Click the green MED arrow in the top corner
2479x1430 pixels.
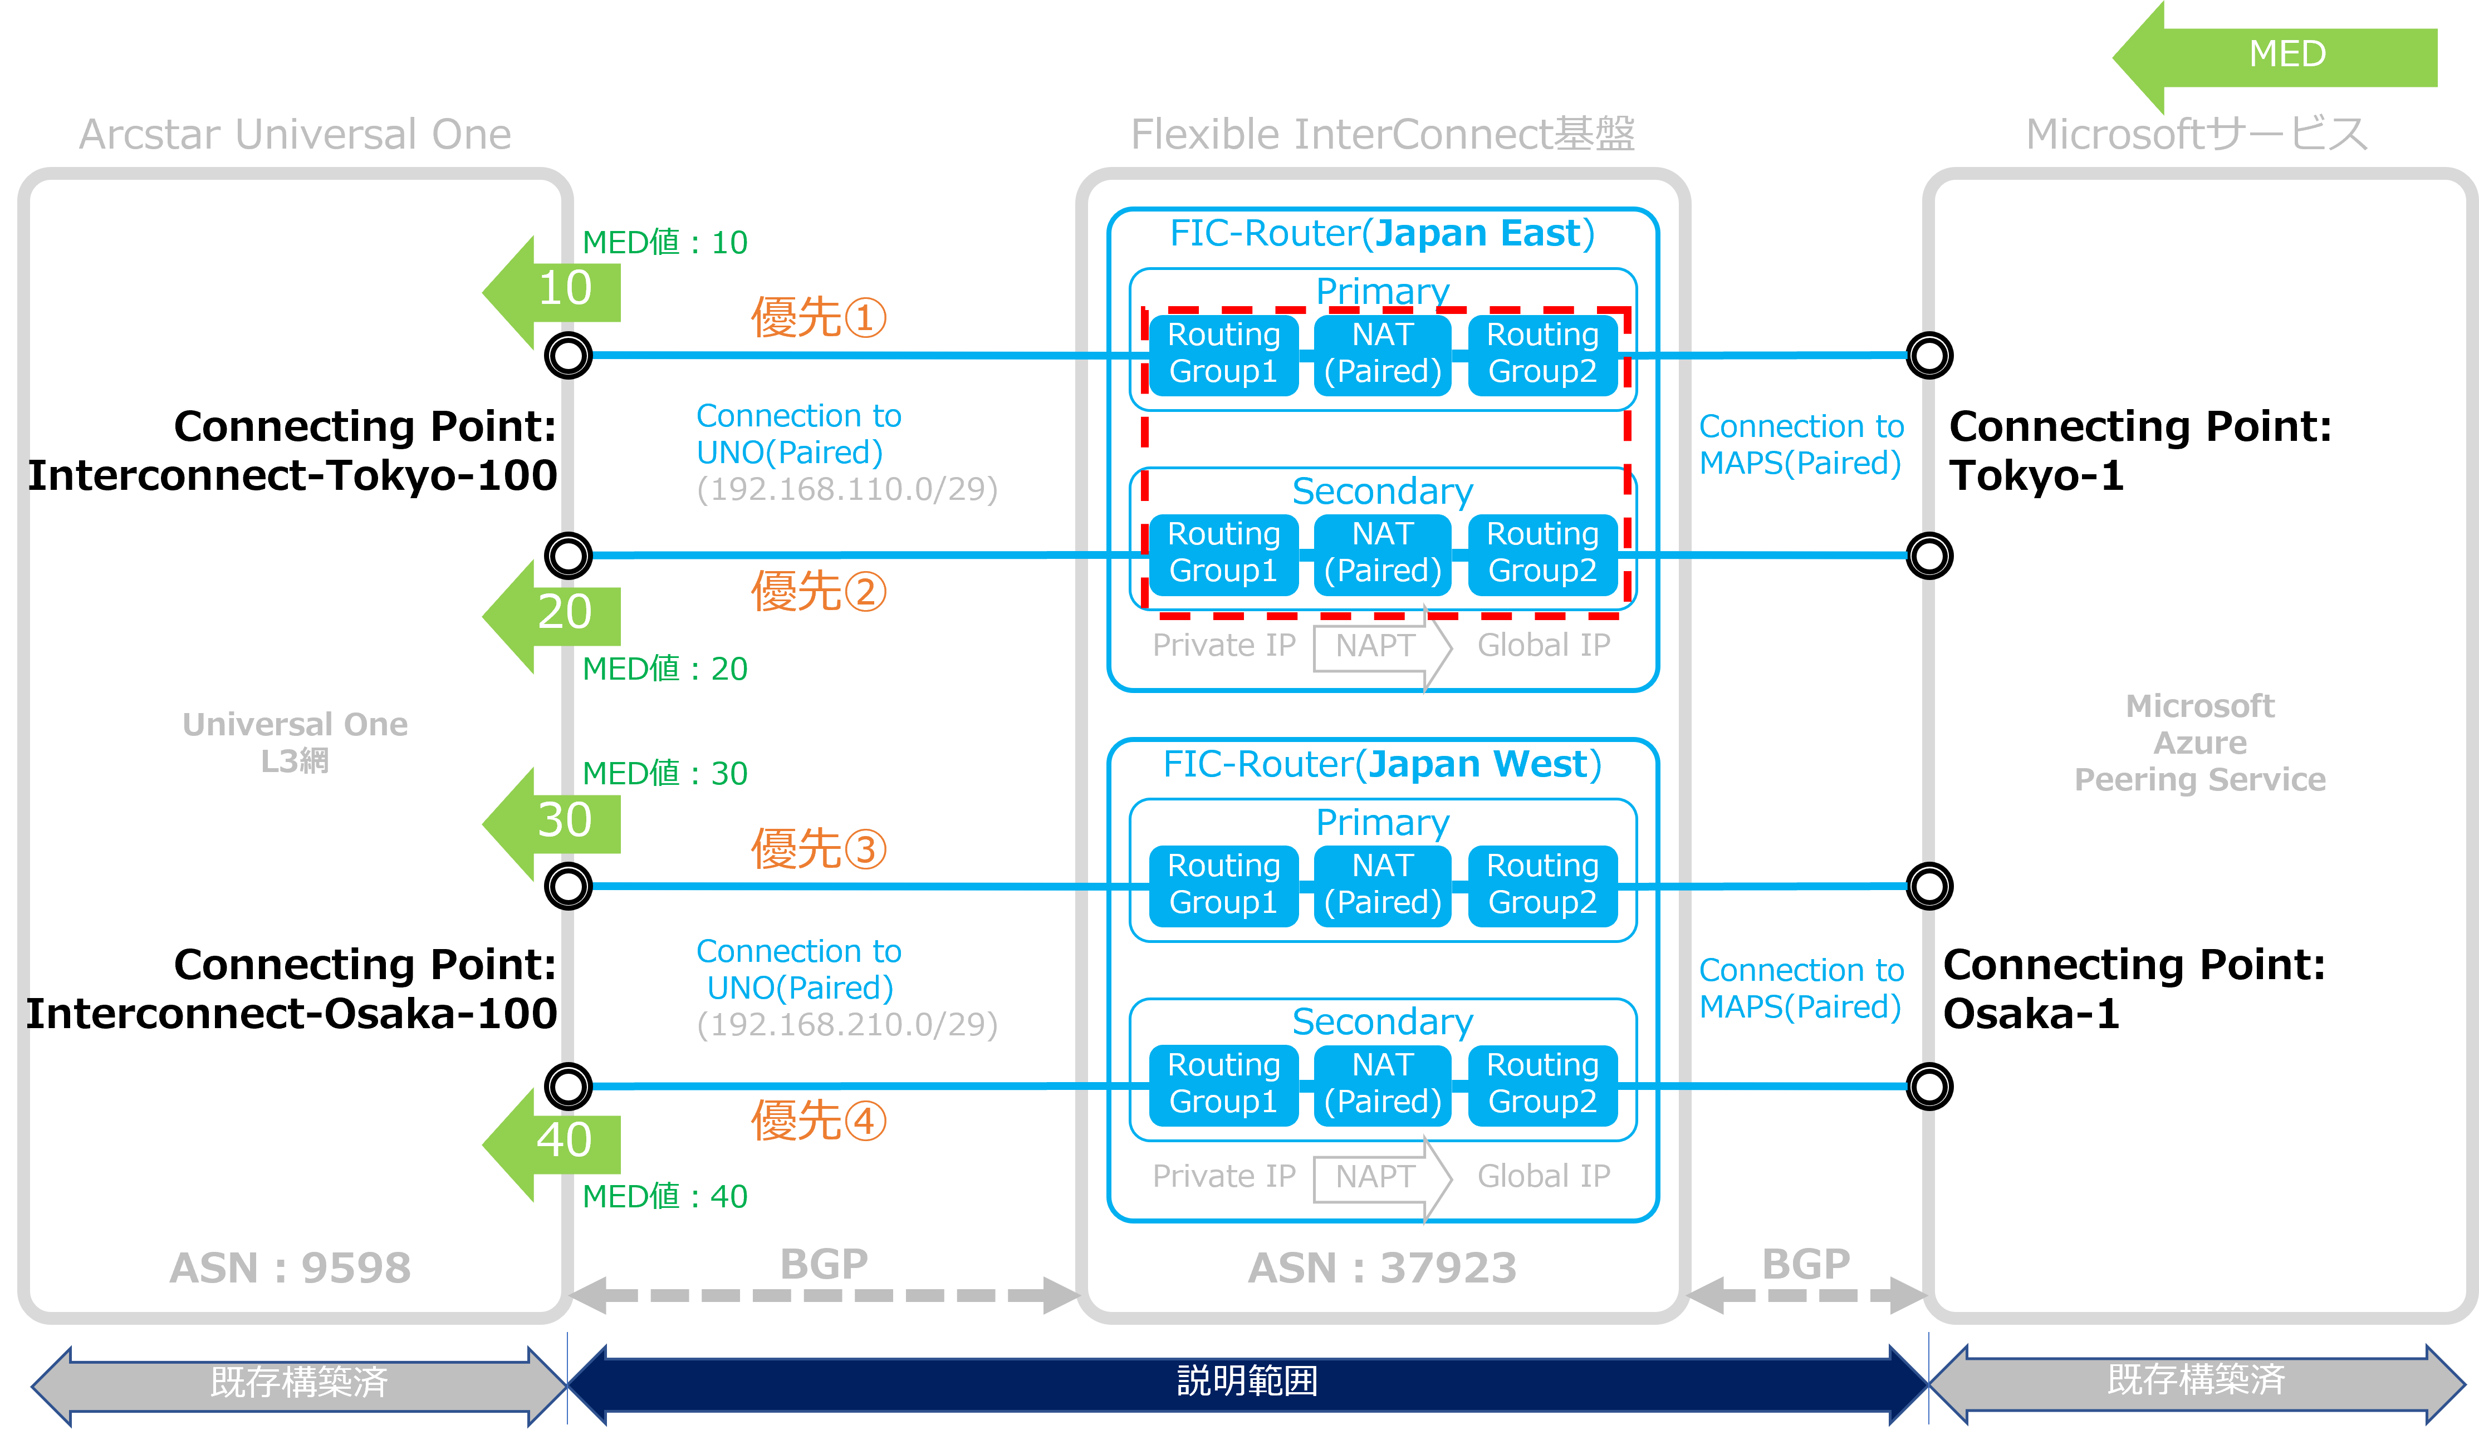(x=2275, y=57)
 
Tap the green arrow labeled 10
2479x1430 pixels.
(x=552, y=293)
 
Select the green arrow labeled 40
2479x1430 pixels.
(x=552, y=1144)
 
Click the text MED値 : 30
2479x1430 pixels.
(x=665, y=774)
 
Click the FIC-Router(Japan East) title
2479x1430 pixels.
(x=1382, y=234)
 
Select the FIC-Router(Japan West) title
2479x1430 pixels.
(x=1382, y=764)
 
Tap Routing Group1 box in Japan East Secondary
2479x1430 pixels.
(x=1224, y=553)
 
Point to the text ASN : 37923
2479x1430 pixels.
(x=1382, y=1268)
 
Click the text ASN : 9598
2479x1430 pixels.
(x=291, y=1268)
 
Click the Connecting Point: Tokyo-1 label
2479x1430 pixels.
(x=2140, y=451)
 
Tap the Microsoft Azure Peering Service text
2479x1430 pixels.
(x=2200, y=743)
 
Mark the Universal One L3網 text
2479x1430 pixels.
(x=295, y=743)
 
